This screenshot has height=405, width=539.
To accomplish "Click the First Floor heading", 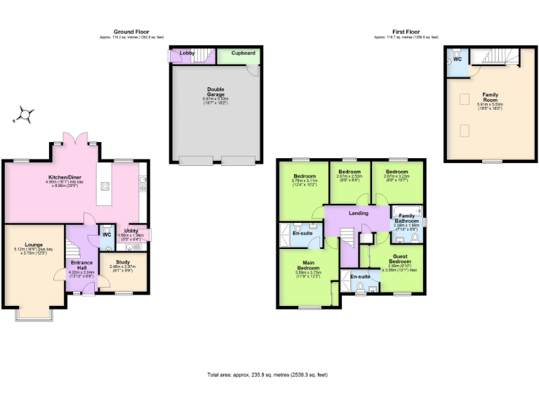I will coord(406,32).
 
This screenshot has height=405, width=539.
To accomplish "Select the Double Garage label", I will coord(215,91).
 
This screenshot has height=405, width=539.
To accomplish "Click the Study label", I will coord(123,262).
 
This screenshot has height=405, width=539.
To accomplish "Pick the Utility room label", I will coord(131,231).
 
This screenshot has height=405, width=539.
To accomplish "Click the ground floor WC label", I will coord(107,235).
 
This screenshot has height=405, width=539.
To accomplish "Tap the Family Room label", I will coord(489,96).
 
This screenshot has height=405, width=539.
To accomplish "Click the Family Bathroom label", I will coord(406,218).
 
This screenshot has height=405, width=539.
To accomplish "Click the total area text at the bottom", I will coord(267,375).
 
